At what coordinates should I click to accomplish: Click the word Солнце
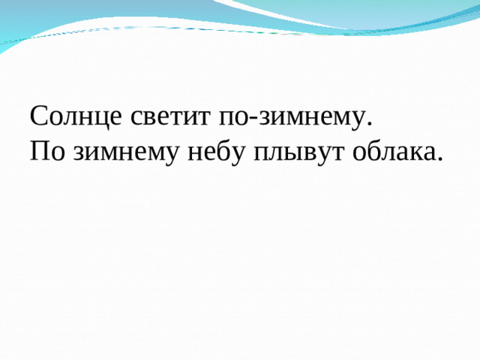click(x=73, y=118)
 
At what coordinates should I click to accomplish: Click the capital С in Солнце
click(x=39, y=117)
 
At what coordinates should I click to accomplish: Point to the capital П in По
click(x=40, y=151)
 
